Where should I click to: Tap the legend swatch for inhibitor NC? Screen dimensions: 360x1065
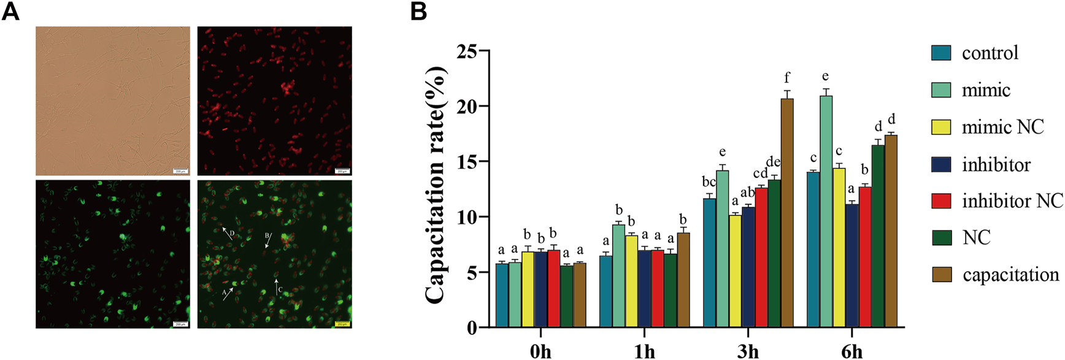pyautogui.click(x=941, y=201)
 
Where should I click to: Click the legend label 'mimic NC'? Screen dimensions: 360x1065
pyautogui.click(x=1002, y=127)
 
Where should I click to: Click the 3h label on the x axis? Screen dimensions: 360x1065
pyautogui.click(x=748, y=351)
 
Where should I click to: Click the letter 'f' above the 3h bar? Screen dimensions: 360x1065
pyautogui.click(x=787, y=77)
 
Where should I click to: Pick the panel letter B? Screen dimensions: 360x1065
pyautogui.click(x=418, y=11)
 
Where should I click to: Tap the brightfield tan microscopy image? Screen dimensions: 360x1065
pyautogui.click(x=113, y=101)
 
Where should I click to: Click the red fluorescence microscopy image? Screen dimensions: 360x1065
pyautogui.click(x=274, y=101)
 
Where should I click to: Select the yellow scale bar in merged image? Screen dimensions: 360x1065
pyautogui.click(x=342, y=324)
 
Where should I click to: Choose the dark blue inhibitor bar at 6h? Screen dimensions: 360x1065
pyautogui.click(x=852, y=266)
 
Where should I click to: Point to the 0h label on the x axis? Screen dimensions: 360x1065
pyautogui.click(x=540, y=351)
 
